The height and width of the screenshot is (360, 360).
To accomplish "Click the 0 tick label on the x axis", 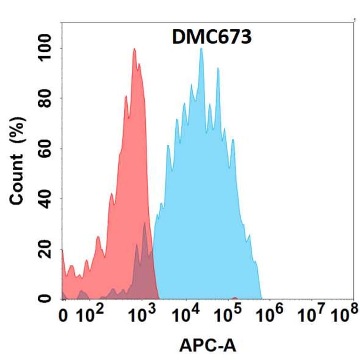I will [64, 316].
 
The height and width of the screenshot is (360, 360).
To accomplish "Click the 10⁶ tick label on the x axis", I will [274, 314].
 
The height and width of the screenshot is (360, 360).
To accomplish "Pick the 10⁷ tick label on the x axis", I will [313, 314].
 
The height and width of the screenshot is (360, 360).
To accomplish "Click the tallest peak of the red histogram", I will [134, 49].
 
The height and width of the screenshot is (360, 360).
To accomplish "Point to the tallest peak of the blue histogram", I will [201, 49].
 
